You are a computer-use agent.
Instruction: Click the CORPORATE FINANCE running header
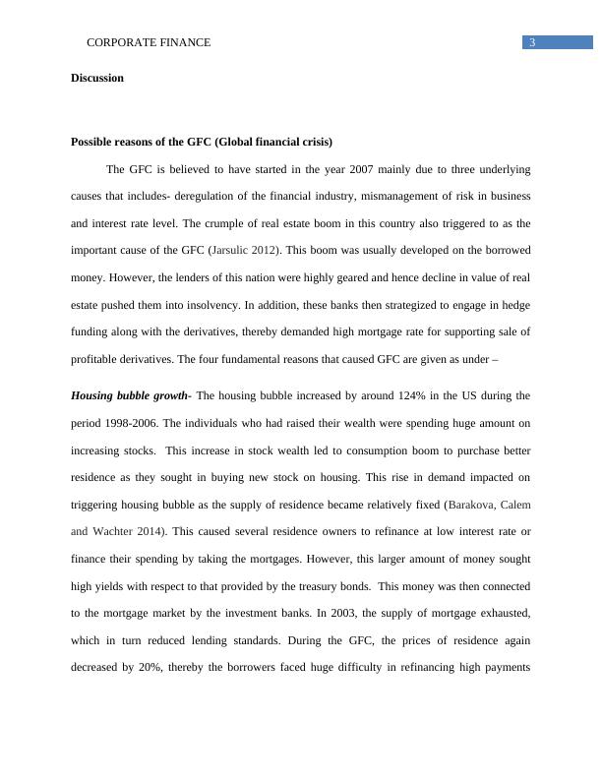[150, 43]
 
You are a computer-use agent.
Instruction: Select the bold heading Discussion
[97, 78]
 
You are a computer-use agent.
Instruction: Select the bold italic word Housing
[93, 395]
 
